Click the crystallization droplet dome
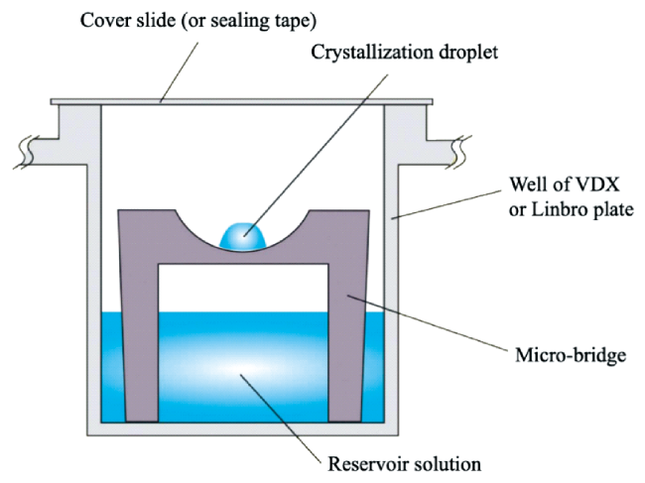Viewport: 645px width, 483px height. click(242, 235)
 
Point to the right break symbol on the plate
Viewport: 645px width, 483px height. click(458, 150)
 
